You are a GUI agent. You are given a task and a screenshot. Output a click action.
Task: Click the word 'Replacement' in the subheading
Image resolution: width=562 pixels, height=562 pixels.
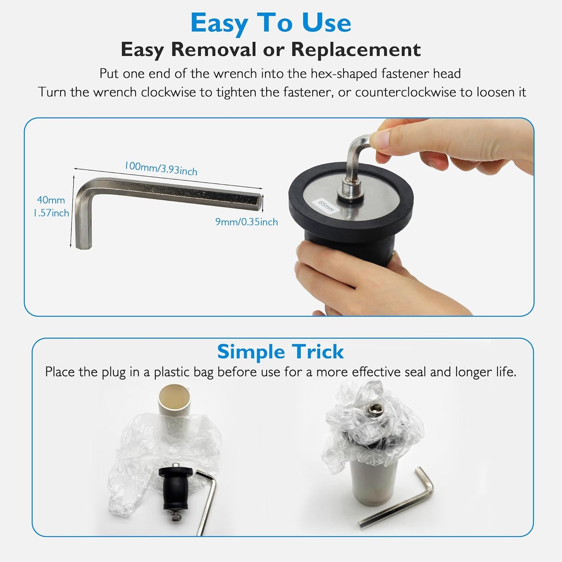[356, 49]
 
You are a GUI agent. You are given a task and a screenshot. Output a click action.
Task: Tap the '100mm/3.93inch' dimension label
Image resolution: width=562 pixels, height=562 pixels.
[161, 168]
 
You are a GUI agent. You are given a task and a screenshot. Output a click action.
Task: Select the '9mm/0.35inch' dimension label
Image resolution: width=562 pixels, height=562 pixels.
[247, 222]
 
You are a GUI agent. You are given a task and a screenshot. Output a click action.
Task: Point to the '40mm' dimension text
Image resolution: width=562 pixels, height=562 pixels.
[51, 200]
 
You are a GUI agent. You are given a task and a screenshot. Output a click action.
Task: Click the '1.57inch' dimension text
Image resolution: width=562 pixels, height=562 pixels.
[51, 213]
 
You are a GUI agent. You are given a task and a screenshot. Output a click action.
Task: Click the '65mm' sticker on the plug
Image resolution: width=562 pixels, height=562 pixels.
[326, 206]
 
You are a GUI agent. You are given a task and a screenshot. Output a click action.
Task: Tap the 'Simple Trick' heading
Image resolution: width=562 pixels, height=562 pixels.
[280, 352]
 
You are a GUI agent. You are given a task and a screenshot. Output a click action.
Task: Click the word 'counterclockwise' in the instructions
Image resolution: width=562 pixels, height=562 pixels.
[405, 93]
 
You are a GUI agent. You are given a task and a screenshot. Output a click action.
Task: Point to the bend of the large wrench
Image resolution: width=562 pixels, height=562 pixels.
[83, 189]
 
